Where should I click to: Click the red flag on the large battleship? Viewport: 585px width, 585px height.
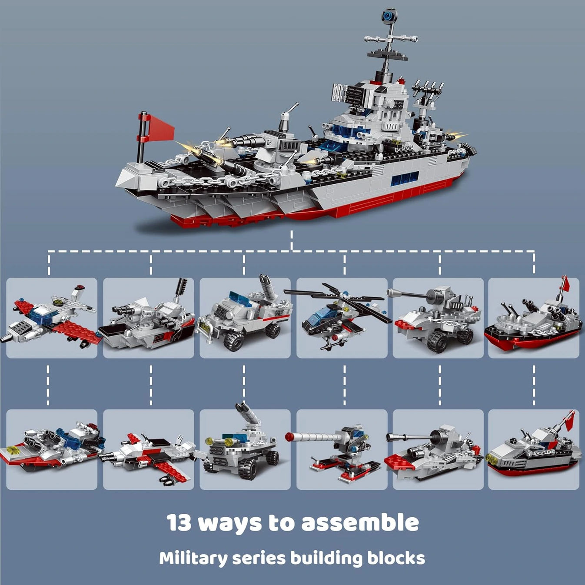point(161,127)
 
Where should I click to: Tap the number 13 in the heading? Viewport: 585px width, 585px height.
point(179,522)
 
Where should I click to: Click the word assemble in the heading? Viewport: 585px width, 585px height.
point(360,522)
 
